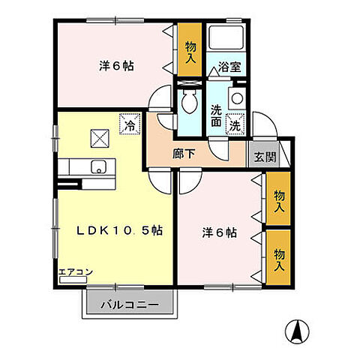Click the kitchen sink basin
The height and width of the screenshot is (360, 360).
click(x=97, y=166)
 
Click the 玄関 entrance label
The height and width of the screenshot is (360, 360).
click(x=263, y=157)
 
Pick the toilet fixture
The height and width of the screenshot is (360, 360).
click(x=189, y=100)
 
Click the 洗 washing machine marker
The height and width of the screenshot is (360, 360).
click(x=235, y=124)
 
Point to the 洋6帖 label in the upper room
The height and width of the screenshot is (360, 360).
click(x=116, y=66)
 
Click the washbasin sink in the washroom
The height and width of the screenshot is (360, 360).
click(x=237, y=97)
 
